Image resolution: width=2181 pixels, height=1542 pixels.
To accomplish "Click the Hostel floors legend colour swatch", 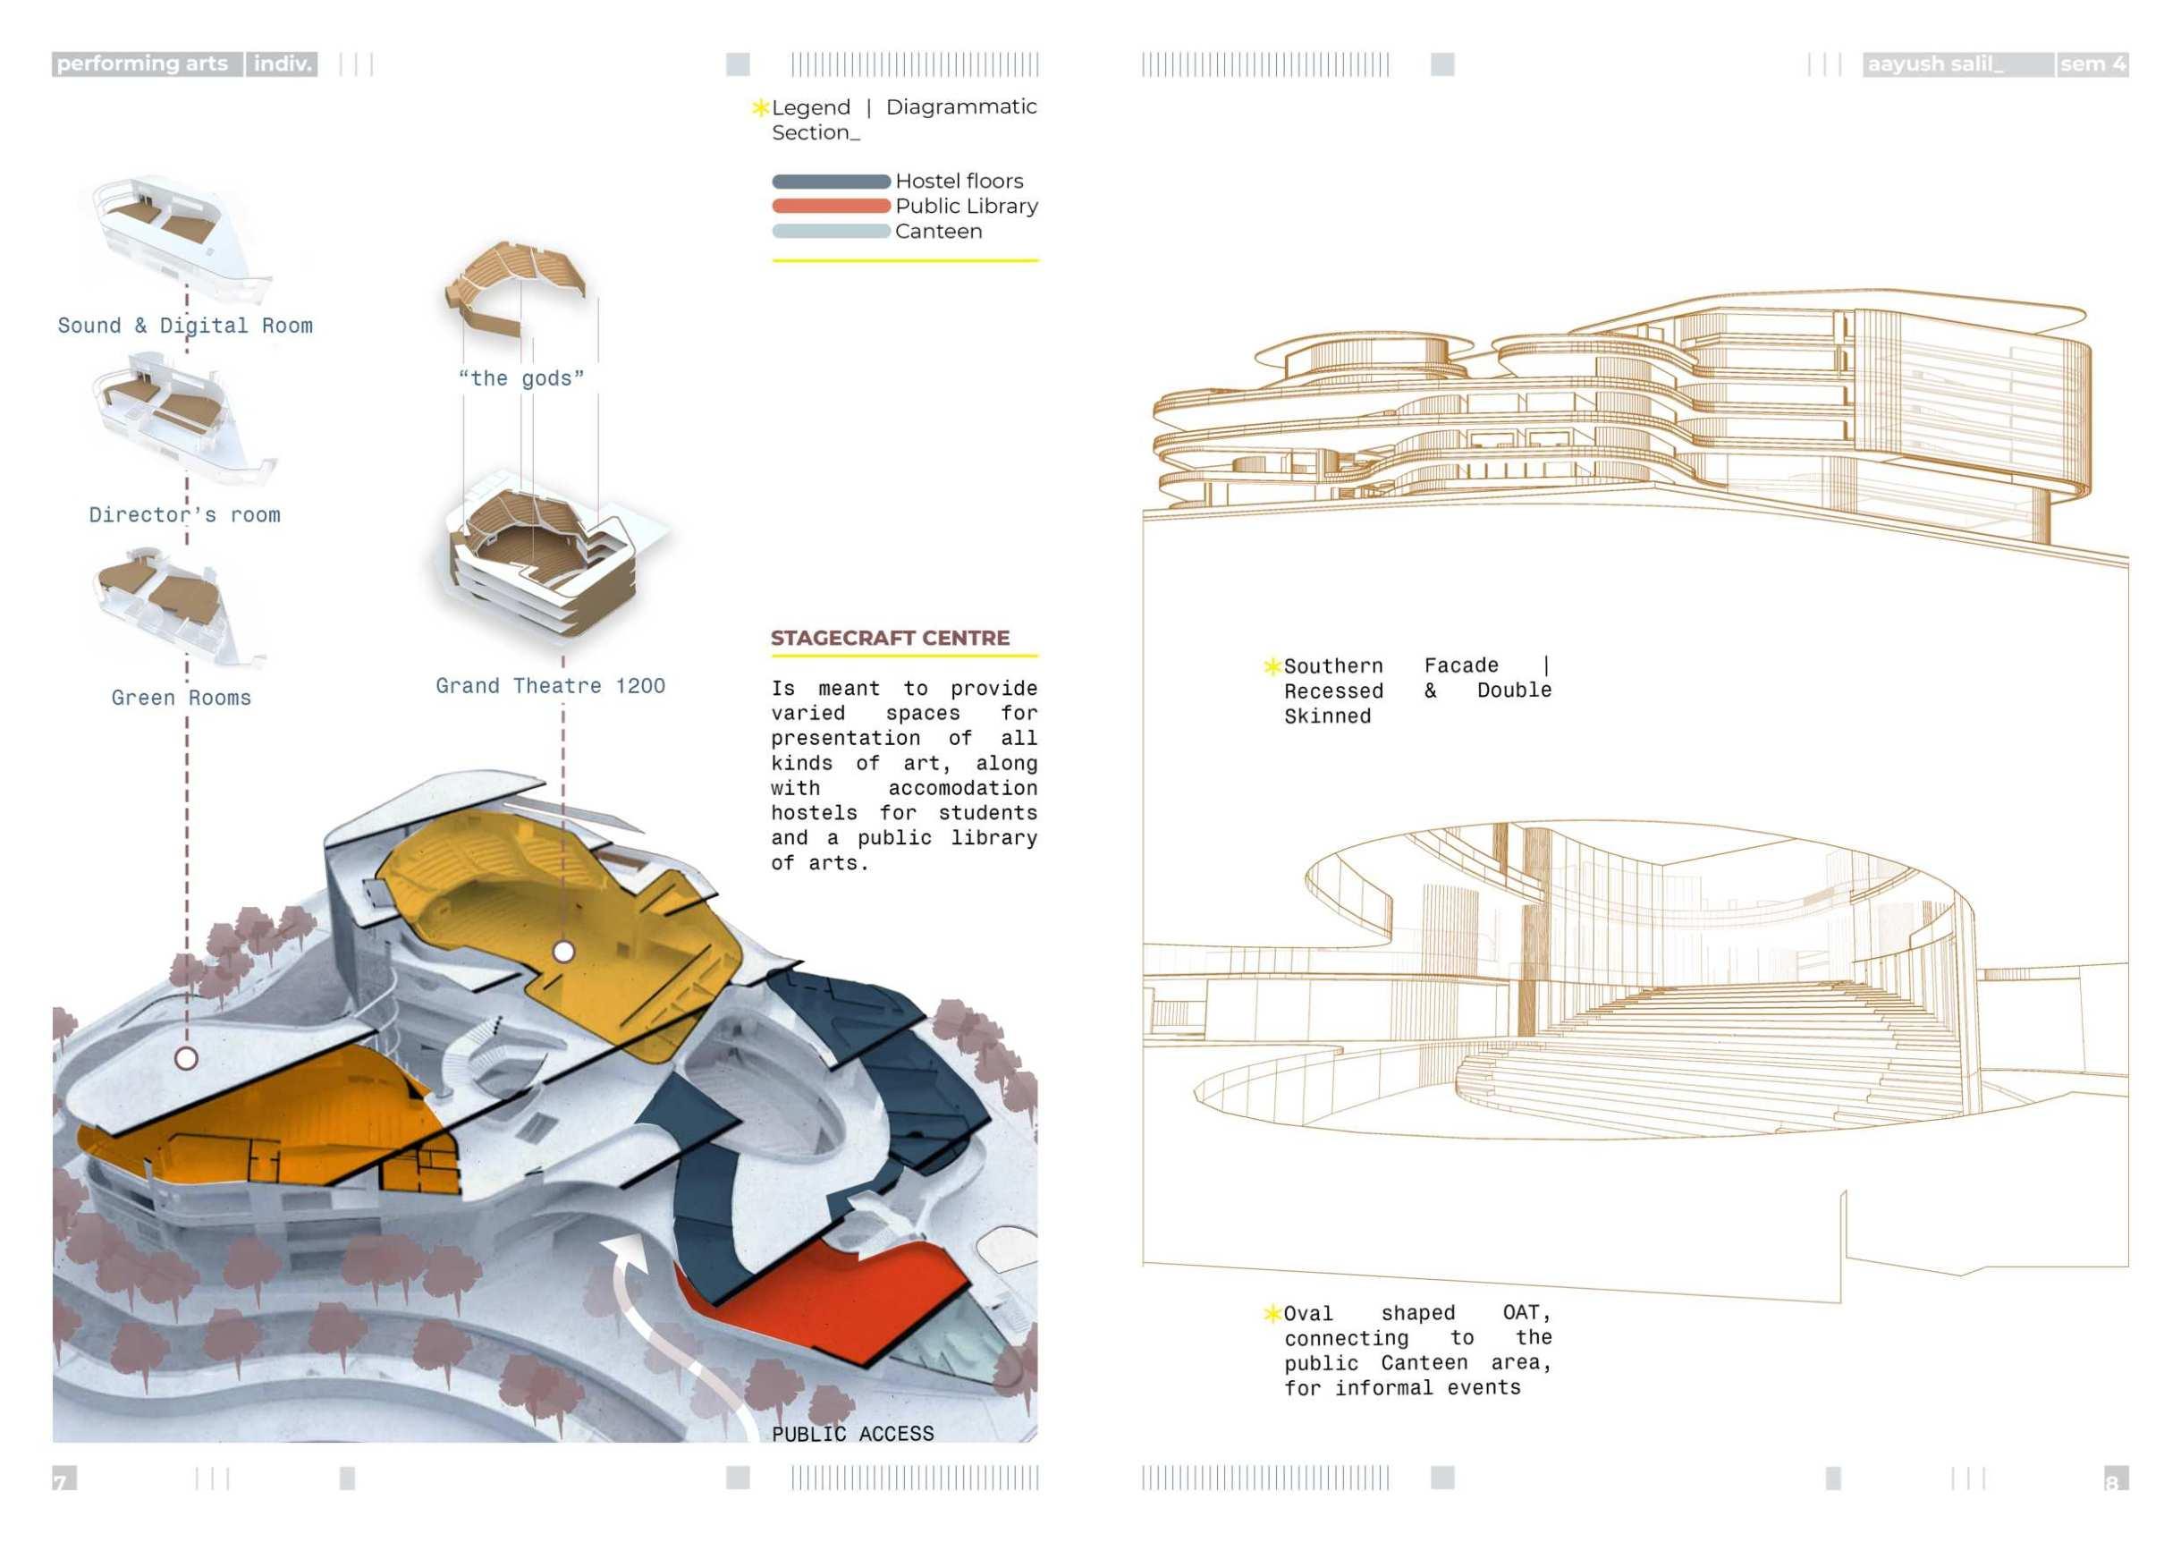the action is click(x=830, y=182).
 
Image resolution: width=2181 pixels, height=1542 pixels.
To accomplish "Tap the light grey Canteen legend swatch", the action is click(x=830, y=231).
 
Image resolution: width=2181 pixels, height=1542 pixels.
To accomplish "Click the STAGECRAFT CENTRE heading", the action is click(x=889, y=638).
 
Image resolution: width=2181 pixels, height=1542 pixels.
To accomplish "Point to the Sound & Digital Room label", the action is click(x=185, y=326).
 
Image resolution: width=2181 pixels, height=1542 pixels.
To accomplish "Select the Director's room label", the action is click(x=185, y=515).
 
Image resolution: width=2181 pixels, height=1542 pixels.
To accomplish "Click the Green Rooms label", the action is click(x=182, y=698).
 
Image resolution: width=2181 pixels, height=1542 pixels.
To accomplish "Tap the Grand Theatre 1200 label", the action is click(x=550, y=686).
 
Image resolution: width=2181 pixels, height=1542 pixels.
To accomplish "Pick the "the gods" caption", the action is click(x=520, y=378).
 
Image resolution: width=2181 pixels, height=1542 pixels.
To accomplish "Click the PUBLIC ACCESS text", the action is click(x=852, y=1434).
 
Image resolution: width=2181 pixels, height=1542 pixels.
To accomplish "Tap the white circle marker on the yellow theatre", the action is click(x=563, y=951).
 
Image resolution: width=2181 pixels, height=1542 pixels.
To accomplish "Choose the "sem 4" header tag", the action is click(x=2092, y=64).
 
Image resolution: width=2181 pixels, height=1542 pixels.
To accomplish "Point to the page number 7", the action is click(x=63, y=1480).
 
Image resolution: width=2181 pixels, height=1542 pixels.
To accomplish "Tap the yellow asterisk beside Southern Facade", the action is click(x=1272, y=666).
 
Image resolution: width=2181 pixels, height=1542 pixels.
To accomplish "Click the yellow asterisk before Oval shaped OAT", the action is click(x=1272, y=1313).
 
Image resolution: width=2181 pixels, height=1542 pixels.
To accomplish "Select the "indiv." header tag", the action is click(x=282, y=64).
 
